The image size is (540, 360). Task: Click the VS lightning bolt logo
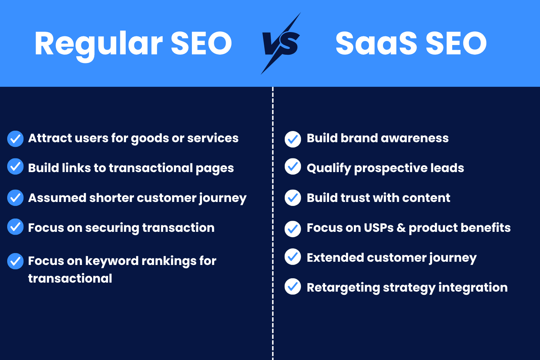(281, 44)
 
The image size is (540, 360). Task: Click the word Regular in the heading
(99, 45)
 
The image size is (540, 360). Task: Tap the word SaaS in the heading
(376, 44)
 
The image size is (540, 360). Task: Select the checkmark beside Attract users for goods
(15, 139)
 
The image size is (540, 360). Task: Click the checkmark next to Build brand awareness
(293, 139)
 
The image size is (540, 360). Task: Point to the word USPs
(379, 228)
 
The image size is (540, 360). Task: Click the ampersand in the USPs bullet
(401, 228)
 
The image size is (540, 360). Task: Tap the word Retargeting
(343, 288)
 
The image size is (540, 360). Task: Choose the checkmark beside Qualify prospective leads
(293, 166)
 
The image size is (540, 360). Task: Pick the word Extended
(335, 257)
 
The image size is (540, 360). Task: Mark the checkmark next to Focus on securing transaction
(15, 227)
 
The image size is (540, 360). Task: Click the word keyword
(112, 261)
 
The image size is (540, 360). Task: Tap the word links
(76, 168)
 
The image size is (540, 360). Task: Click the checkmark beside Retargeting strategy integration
(293, 287)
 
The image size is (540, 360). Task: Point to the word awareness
(415, 138)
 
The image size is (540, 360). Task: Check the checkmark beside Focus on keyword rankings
(15, 261)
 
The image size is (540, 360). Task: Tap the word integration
(473, 288)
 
